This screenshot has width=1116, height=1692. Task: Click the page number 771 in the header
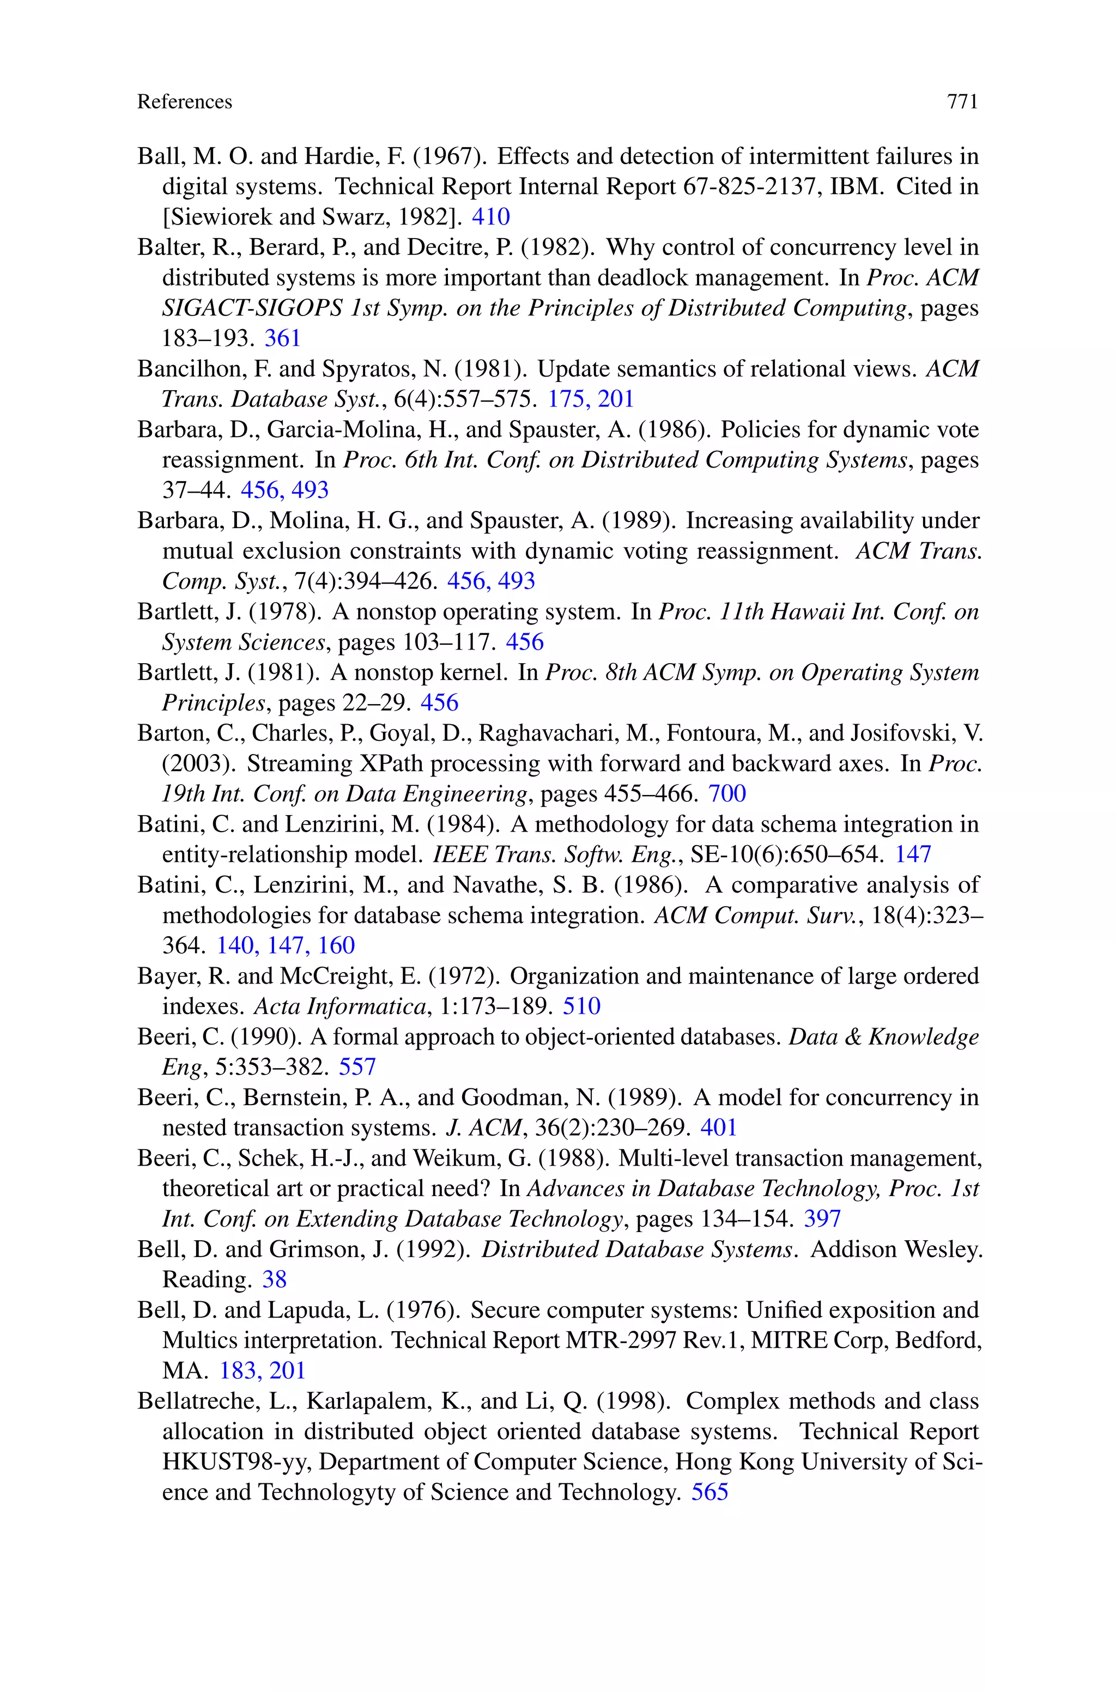962,102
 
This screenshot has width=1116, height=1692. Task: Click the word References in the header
184,102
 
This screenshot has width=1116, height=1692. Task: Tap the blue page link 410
490,216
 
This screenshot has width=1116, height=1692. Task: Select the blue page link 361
283,338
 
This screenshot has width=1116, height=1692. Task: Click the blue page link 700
727,793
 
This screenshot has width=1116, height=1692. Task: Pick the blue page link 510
581,1006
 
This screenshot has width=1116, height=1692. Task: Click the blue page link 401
718,1128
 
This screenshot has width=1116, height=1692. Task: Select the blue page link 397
822,1219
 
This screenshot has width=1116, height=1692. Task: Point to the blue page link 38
274,1279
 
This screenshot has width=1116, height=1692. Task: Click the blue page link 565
709,1492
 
